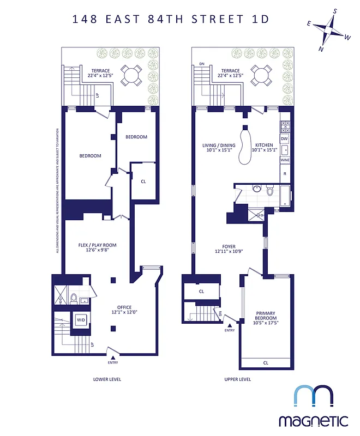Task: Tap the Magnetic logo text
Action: pyautogui.click(x=313, y=420)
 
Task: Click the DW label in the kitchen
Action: pyautogui.click(x=284, y=139)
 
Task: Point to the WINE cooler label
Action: pyautogui.click(x=284, y=160)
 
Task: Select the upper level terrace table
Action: pyautogui.click(x=261, y=75)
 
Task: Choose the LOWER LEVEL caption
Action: pyautogui.click(x=107, y=379)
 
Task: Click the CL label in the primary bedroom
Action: pyautogui.click(x=266, y=362)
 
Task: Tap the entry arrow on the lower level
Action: pyautogui.click(x=113, y=357)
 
